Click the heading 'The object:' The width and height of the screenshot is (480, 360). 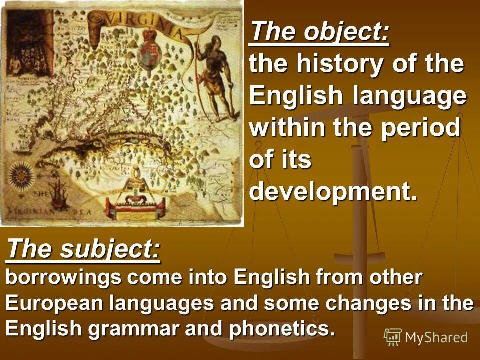(319, 32)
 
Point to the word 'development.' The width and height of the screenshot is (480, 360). (333, 192)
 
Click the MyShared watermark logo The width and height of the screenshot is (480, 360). (426, 337)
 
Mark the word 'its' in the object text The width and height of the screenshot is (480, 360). (295, 160)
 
